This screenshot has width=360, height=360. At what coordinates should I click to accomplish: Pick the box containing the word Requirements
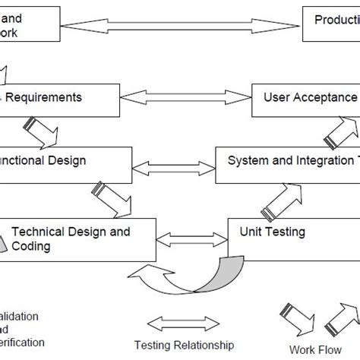coord(59,100)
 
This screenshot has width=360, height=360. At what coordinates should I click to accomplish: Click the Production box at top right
coord(331,23)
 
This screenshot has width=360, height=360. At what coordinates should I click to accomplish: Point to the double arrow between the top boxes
coord(181,27)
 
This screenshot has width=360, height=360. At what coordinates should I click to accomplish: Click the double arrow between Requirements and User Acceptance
coord(185,99)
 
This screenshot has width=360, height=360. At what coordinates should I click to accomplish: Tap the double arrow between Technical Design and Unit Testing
coord(192,239)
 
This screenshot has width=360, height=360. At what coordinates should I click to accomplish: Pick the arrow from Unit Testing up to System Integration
coord(283,201)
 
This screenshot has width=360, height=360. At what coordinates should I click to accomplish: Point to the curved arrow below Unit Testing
coord(190,275)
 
